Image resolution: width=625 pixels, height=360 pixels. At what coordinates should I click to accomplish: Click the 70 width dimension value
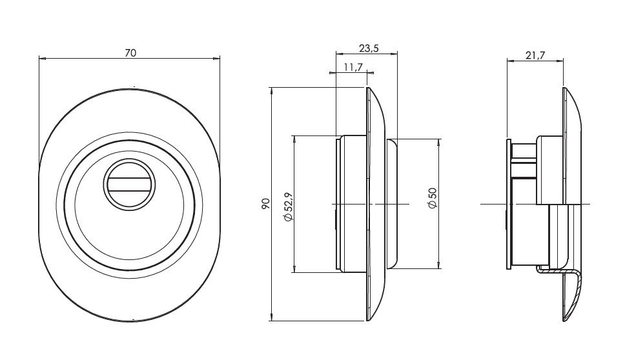[x=130, y=54]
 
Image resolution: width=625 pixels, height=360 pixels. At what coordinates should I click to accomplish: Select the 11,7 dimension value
[x=353, y=67]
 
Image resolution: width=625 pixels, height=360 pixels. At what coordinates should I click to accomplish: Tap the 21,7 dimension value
[x=535, y=56]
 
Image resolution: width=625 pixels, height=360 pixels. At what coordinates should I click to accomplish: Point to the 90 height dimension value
[x=265, y=204]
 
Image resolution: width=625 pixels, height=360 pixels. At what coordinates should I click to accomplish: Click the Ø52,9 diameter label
[x=288, y=204]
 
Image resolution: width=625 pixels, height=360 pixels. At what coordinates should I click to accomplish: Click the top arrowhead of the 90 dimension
[x=274, y=89]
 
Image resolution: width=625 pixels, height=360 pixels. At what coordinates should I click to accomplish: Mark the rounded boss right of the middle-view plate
[x=392, y=203]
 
